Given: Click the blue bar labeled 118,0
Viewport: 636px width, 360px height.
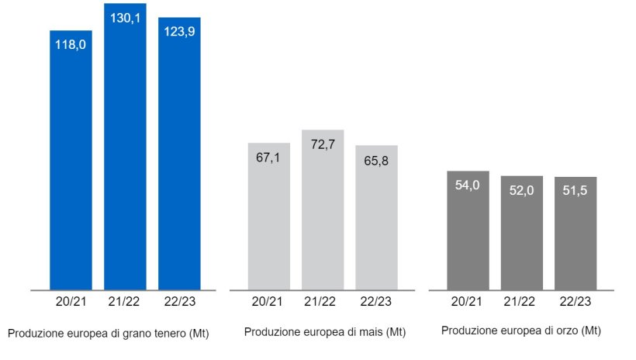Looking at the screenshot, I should (x=71, y=163).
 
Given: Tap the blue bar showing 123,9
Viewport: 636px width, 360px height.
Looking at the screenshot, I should (x=179, y=155).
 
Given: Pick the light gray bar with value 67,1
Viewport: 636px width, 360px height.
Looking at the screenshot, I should (x=268, y=217).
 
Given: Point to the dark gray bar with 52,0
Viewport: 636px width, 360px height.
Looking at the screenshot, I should (x=521, y=234).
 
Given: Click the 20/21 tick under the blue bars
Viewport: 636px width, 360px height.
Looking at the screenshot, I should (x=71, y=302).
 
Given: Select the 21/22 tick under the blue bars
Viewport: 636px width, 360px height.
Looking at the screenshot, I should (x=125, y=302).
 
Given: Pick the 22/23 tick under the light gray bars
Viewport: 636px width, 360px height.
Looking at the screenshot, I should (x=376, y=302).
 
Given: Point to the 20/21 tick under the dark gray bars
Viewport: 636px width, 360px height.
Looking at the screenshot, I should (x=468, y=302).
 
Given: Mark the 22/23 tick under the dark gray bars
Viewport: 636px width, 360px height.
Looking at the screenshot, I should (x=576, y=302).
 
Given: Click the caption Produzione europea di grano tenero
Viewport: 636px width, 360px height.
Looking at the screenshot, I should (x=109, y=334).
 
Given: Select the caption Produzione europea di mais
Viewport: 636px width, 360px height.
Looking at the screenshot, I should (x=325, y=332).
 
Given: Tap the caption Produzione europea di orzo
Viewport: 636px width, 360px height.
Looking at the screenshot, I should (x=520, y=331).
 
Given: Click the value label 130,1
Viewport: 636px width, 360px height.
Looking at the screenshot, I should (x=125, y=18).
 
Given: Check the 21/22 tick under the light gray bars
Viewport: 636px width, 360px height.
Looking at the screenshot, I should (x=323, y=302).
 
